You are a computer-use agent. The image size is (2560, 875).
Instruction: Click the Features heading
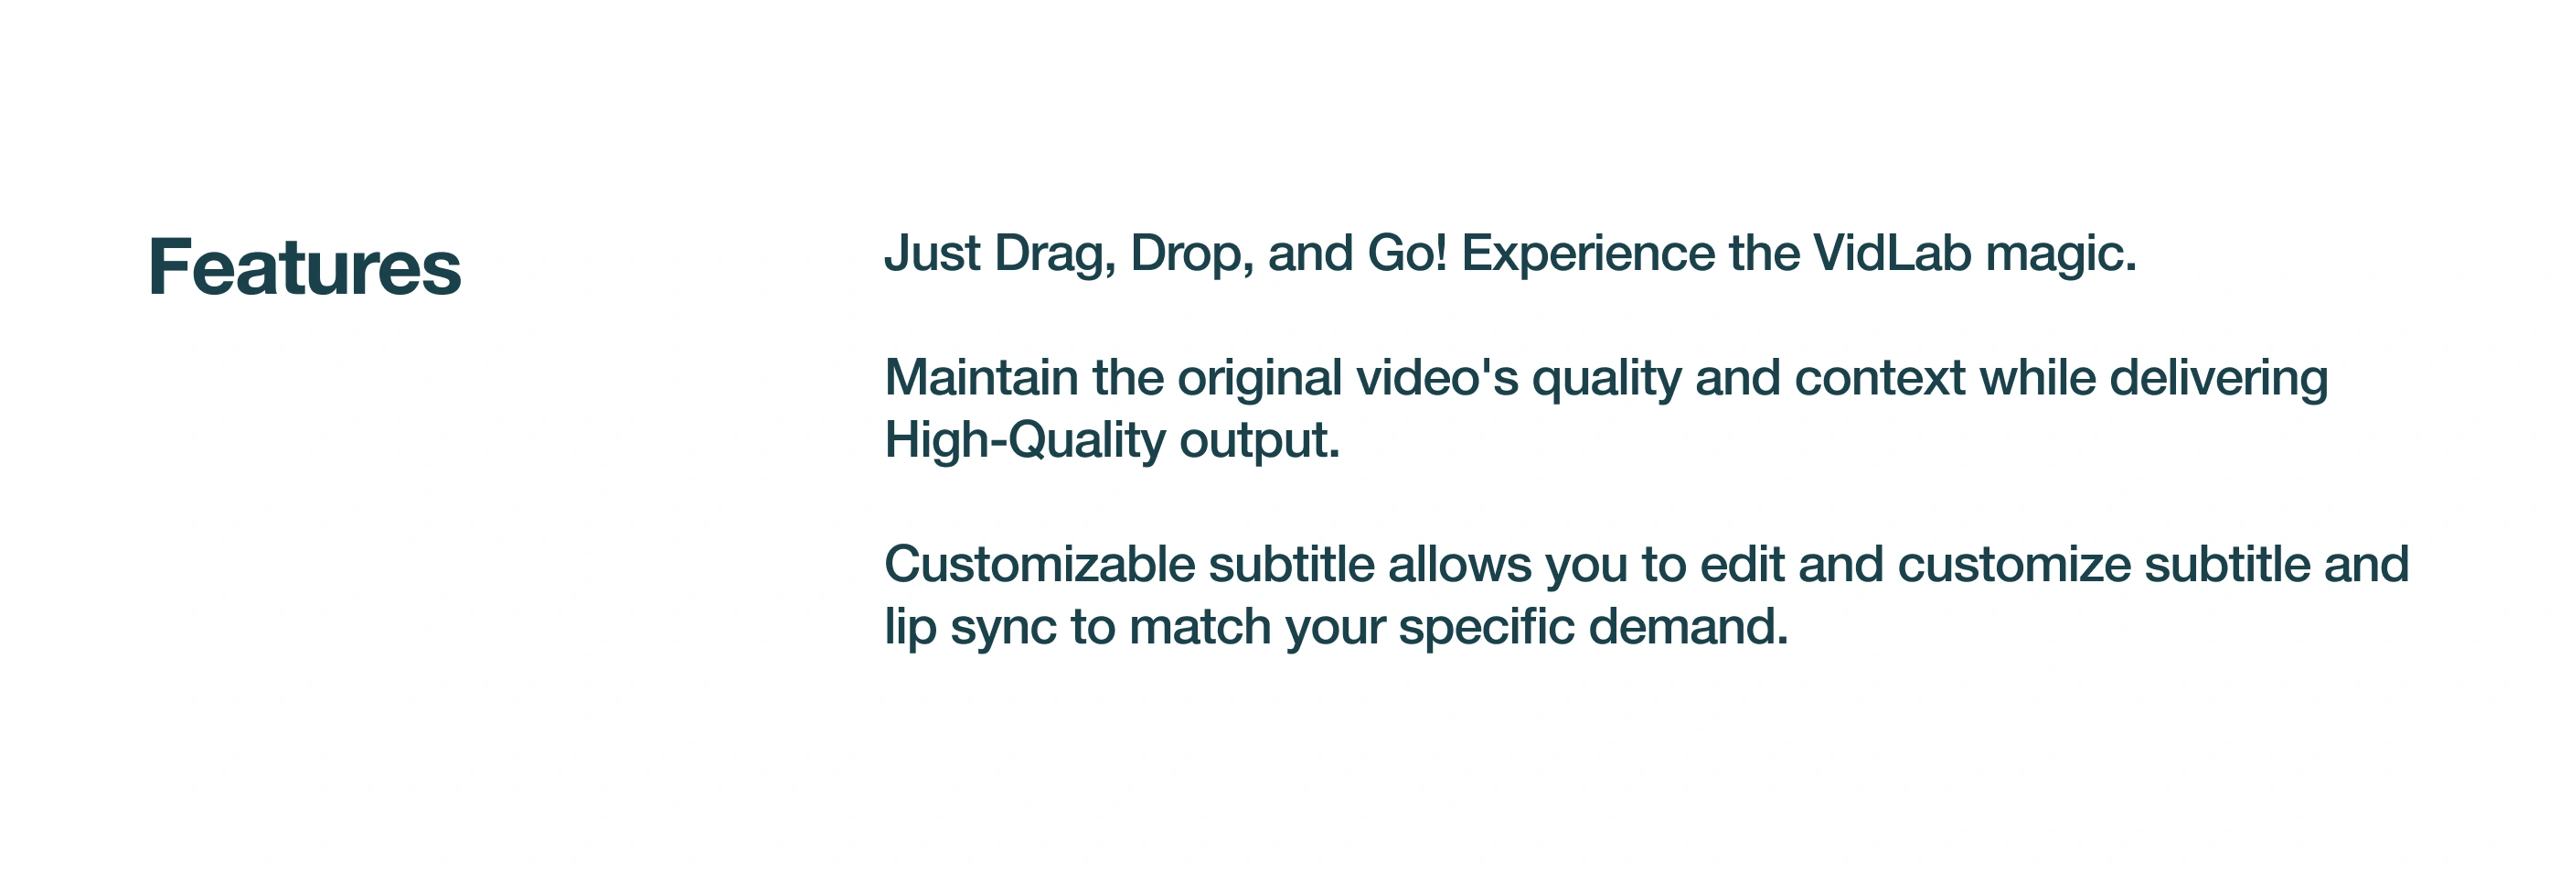pyautogui.click(x=304, y=266)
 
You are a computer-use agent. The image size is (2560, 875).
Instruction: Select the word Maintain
pyautogui.click(x=981, y=378)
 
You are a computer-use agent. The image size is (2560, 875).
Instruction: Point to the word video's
pyautogui.click(x=1437, y=378)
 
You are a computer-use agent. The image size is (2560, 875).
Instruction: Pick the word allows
pyautogui.click(x=1460, y=564)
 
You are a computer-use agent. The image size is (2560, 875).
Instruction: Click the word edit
pyautogui.click(x=1742, y=564)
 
